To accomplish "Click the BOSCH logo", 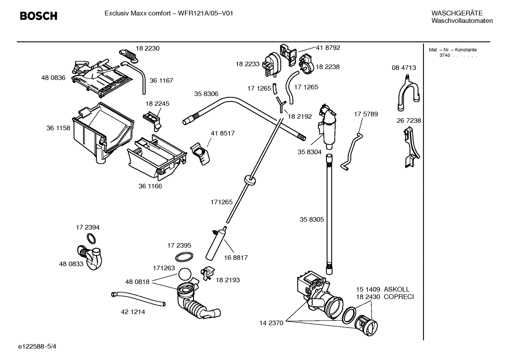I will point(38,16).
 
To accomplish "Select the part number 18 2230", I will point(148,48).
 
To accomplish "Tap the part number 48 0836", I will point(53,78).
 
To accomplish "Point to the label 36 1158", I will point(58,128).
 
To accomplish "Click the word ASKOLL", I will point(396,289).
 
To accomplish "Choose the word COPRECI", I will point(399,297).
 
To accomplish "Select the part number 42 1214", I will point(133,312).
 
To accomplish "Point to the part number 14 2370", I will point(271,323).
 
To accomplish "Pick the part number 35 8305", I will point(312,219).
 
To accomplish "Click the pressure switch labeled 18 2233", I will point(272,64).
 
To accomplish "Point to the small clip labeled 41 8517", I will point(200,153).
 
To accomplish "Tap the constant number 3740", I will point(444,56).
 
